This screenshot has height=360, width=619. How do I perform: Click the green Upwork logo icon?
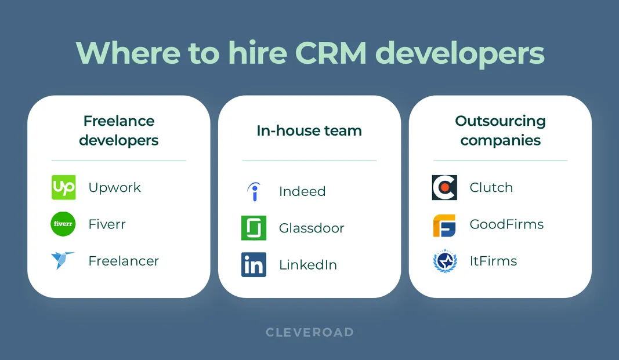tap(63, 187)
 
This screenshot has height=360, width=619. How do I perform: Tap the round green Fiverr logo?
tap(63, 224)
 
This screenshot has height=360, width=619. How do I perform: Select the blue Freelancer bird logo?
tap(63, 261)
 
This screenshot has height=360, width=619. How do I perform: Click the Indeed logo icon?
tap(254, 191)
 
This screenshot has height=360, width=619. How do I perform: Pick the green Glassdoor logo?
tap(254, 228)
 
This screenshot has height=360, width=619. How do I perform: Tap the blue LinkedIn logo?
tap(254, 264)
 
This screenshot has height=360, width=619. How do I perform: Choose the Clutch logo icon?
tap(444, 187)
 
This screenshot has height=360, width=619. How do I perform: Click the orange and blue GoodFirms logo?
tap(444, 225)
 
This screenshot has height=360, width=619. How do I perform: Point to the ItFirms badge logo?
tap(444, 261)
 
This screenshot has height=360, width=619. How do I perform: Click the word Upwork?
tap(114, 188)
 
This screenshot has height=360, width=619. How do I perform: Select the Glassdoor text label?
tap(312, 228)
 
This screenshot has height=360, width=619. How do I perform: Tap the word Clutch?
tap(491, 188)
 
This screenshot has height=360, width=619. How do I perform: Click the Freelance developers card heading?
tap(118, 130)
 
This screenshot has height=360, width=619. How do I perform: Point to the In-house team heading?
tap(309, 131)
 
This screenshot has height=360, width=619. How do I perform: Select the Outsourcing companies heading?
tap(500, 130)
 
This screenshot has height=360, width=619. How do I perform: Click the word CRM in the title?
tap(331, 53)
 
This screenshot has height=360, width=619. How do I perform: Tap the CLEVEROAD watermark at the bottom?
tap(309, 332)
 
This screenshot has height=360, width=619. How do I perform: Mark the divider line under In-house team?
tap(309, 161)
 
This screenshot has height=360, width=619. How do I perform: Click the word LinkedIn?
tap(307, 265)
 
